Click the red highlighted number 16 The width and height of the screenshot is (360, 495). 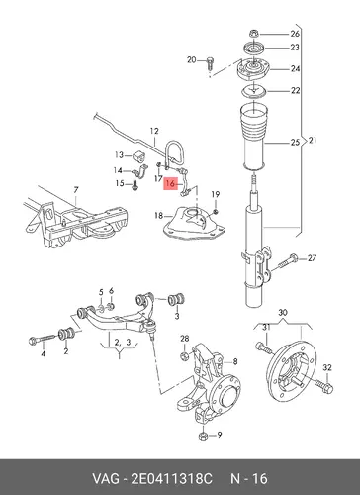coord(171,183)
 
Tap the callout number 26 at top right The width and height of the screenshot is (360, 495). coord(295,34)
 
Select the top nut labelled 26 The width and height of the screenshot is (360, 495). coord(253,34)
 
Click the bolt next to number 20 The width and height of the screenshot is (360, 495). coord(210,63)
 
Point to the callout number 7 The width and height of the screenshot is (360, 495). coord(76,190)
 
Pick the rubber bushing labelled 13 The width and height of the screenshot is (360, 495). coord(138,156)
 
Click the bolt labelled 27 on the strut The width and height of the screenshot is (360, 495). coord(287,260)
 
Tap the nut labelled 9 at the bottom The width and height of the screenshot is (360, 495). coord(203,436)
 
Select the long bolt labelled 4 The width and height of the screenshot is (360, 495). coord(44,340)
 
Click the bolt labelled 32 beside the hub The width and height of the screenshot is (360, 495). coord(324,386)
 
